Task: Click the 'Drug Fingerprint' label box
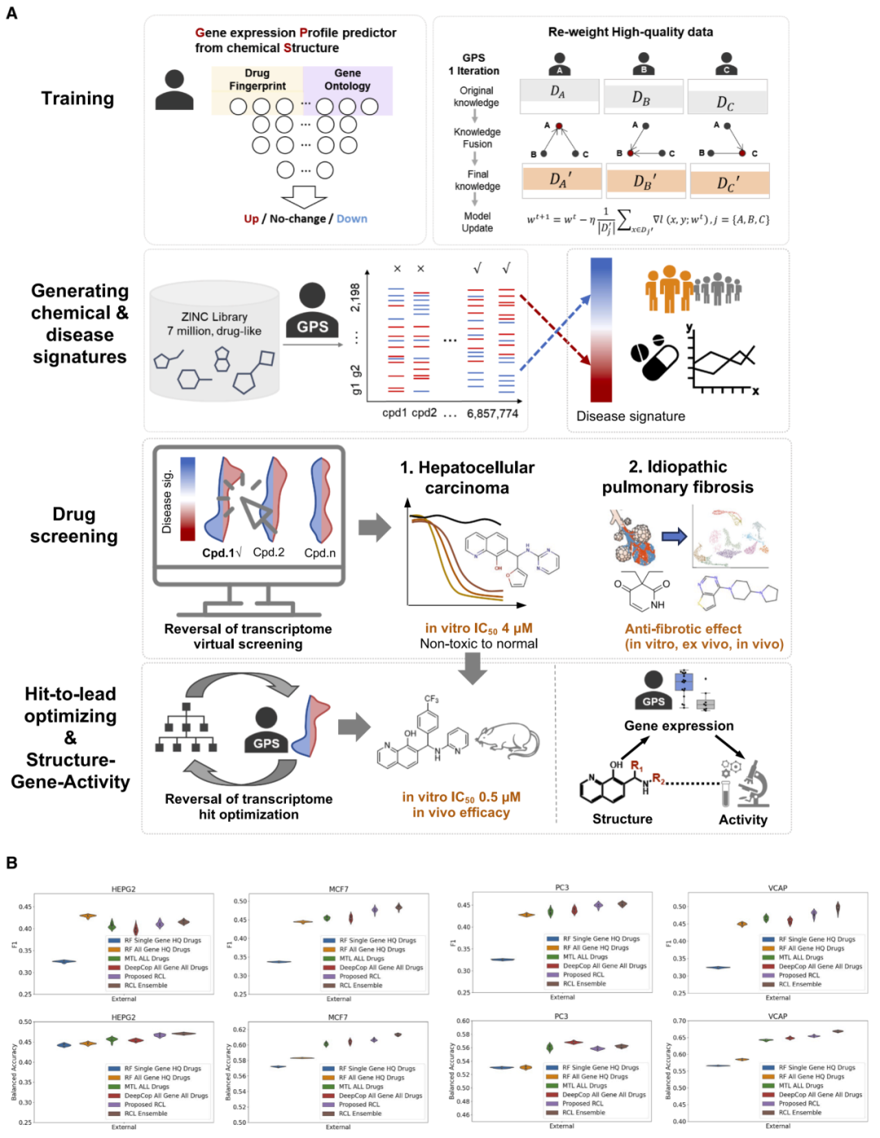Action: pyautogui.click(x=257, y=80)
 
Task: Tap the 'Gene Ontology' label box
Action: pyautogui.click(x=347, y=80)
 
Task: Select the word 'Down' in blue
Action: pyautogui.click(x=352, y=219)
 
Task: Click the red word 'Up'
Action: pyautogui.click(x=251, y=219)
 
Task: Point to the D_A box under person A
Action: pyautogui.click(x=559, y=93)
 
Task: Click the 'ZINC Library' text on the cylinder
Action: pyautogui.click(x=214, y=317)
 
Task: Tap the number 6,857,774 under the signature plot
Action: pyautogui.click(x=492, y=413)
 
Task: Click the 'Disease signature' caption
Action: pyautogui.click(x=631, y=417)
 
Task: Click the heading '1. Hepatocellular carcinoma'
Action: pyautogui.click(x=467, y=478)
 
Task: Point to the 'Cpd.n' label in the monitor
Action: pyautogui.click(x=320, y=553)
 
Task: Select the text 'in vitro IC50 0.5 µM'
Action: pyautogui.click(x=461, y=797)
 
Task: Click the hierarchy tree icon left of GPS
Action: pyautogui.click(x=186, y=727)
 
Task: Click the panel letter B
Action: pyautogui.click(x=11, y=862)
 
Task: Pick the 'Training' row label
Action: pyautogui.click(x=77, y=99)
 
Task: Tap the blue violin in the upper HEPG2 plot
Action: pyautogui.click(x=64, y=962)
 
